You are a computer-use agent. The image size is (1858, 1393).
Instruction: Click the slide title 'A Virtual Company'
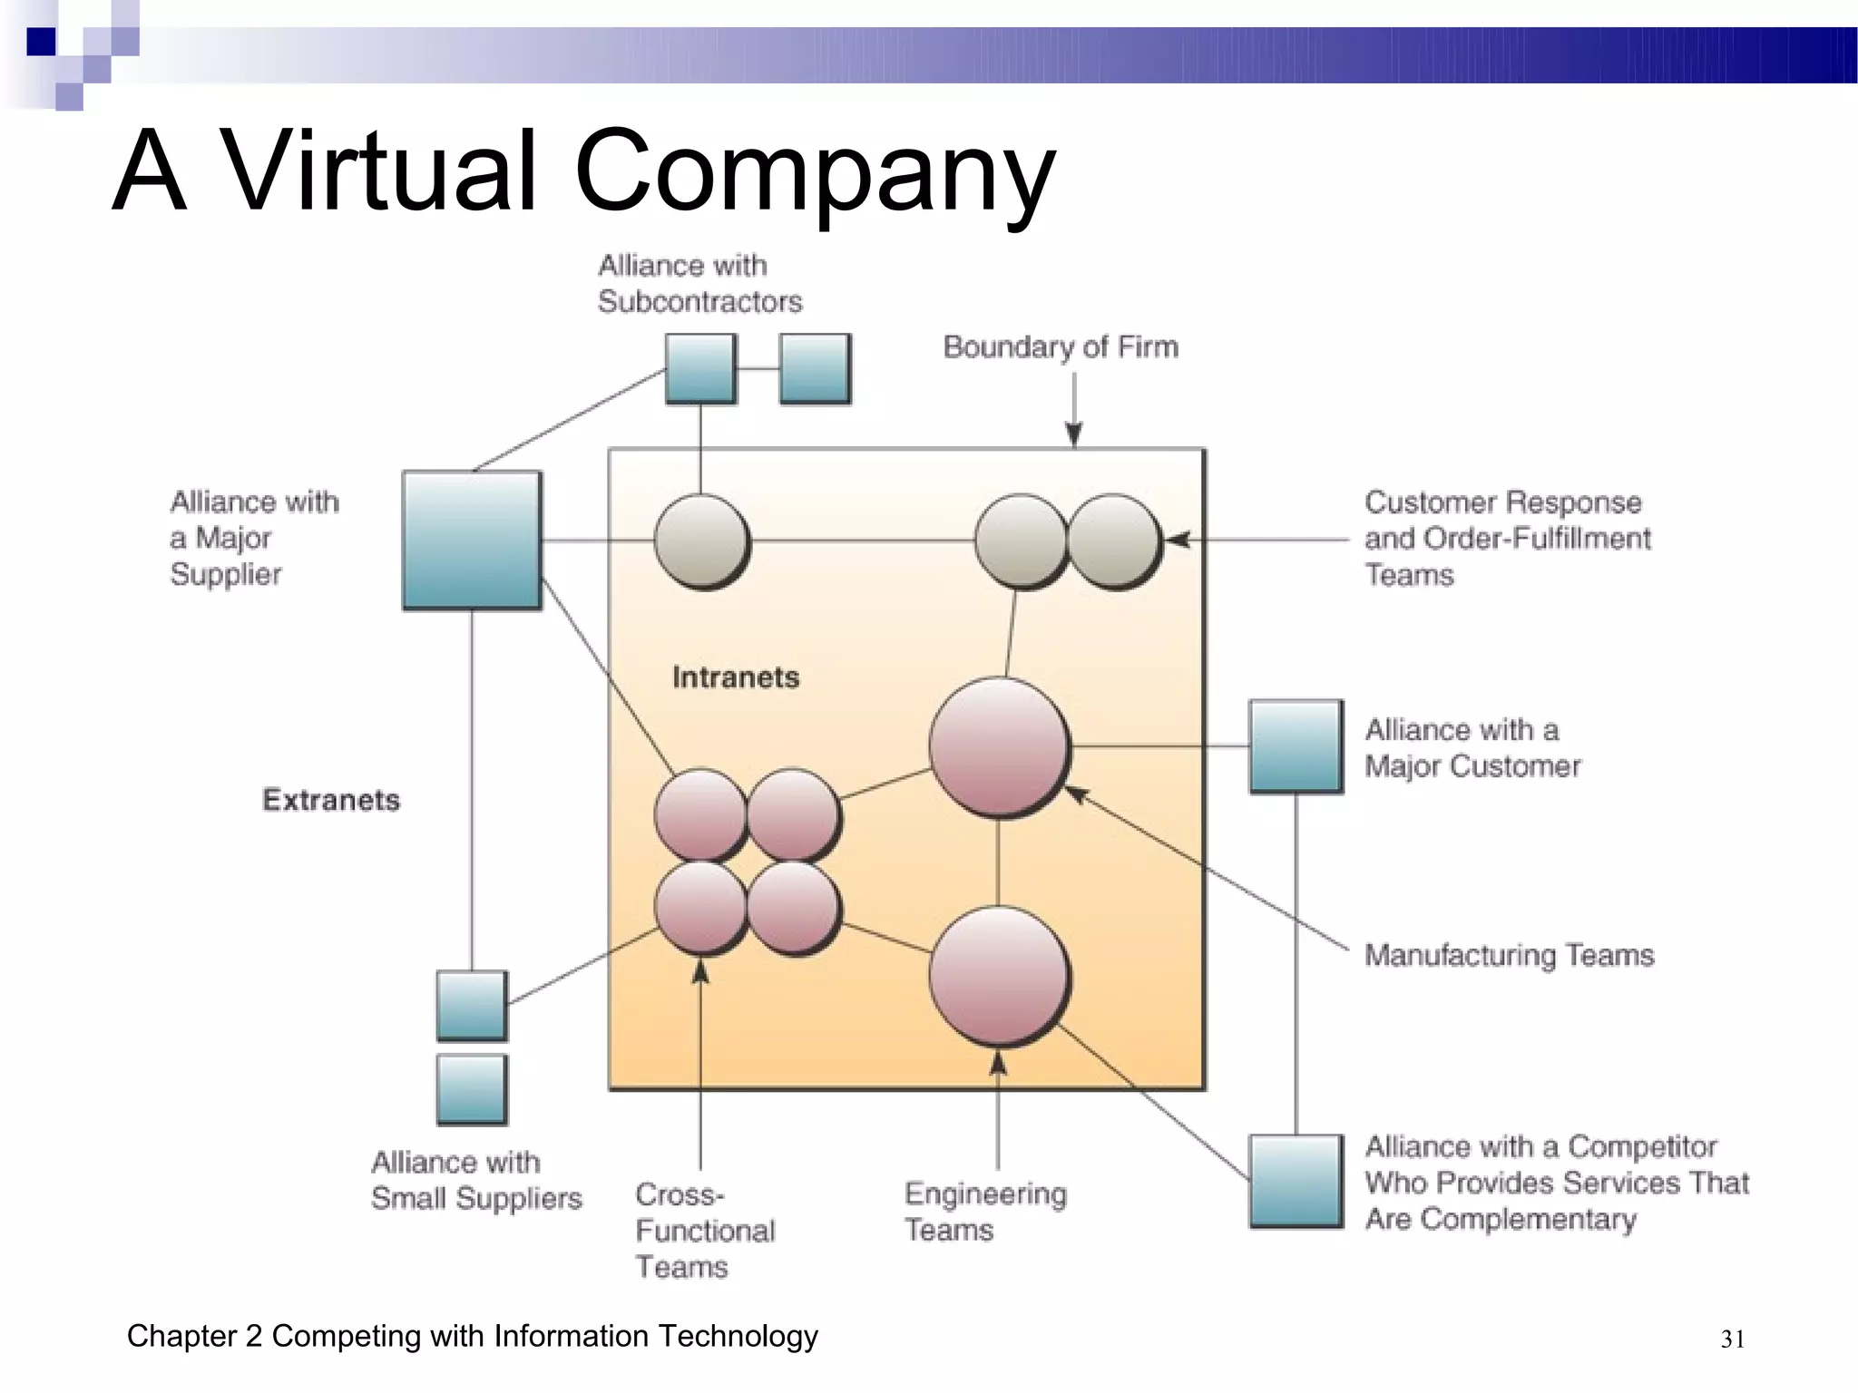point(583,170)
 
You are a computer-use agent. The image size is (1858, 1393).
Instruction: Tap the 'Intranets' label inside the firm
point(735,677)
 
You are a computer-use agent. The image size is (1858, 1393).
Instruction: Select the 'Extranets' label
point(331,800)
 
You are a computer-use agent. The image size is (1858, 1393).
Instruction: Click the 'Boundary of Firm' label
point(1061,346)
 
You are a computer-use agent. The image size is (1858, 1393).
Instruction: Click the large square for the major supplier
point(472,540)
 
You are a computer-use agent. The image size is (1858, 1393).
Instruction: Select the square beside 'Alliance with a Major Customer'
point(1296,746)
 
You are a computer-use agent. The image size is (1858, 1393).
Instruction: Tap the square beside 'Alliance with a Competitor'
point(1296,1181)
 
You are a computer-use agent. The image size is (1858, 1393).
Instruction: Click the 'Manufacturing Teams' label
point(1509,955)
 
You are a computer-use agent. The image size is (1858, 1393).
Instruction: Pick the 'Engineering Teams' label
point(985,1212)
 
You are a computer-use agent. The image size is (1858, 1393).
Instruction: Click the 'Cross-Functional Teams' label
point(705,1230)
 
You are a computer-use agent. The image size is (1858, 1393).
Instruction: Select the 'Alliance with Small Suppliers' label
point(476,1180)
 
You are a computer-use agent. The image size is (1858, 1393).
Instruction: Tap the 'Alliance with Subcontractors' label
point(699,283)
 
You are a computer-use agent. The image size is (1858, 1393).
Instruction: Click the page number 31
point(1732,1339)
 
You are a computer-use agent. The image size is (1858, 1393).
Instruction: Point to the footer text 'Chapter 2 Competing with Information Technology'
point(472,1336)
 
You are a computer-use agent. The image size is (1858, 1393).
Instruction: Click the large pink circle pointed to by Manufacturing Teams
point(999,747)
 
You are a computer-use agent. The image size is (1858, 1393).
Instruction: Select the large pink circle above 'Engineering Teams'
point(999,977)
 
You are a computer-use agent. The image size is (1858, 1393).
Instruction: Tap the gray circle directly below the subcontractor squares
point(701,541)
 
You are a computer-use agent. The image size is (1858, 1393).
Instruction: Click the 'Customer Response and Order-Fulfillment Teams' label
point(1507,539)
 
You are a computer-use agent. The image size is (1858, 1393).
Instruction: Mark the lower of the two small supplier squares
point(472,1089)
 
